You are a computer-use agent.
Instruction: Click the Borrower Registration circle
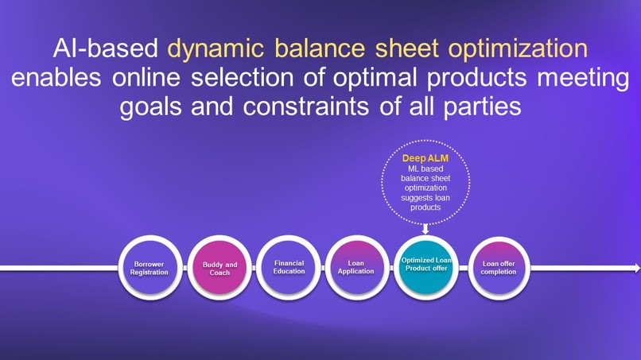[x=150, y=268]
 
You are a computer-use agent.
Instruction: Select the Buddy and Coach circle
[x=219, y=268]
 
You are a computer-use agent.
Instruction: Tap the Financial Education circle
[x=289, y=268]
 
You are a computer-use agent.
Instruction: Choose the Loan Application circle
[x=356, y=268]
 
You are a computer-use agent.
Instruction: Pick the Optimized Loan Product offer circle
[x=426, y=268]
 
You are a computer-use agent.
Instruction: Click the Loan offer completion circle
[x=499, y=268]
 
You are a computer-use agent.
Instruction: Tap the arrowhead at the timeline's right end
[x=635, y=269]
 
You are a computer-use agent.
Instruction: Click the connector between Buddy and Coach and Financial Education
[x=254, y=269]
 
